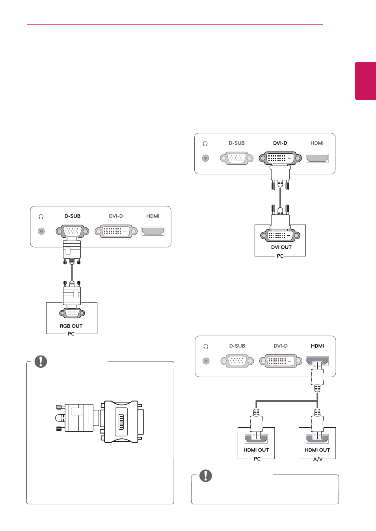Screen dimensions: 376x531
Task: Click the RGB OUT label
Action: [x=71, y=326]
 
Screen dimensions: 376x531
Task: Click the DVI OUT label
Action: [x=281, y=247]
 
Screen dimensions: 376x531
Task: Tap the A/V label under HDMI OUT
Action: [x=318, y=459]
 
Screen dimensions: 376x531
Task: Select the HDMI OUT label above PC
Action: [x=256, y=450]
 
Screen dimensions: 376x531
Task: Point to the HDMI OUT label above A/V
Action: [x=317, y=450]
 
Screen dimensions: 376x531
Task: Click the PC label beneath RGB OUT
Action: [x=71, y=334]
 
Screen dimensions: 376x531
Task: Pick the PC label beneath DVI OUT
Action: [x=280, y=256]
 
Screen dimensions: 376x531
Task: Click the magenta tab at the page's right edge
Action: [x=365, y=81]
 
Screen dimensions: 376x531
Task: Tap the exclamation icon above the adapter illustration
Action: [x=41, y=361]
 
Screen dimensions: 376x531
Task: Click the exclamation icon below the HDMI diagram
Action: [x=206, y=476]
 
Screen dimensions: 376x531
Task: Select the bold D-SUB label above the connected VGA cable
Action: [x=73, y=216]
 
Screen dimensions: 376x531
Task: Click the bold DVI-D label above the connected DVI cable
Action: [x=280, y=143]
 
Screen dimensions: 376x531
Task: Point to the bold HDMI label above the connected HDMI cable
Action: [x=317, y=346]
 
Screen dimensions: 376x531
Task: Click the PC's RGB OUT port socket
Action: [x=72, y=313]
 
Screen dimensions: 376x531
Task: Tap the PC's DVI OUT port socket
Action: [x=280, y=235]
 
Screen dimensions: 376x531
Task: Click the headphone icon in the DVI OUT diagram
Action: [x=205, y=143]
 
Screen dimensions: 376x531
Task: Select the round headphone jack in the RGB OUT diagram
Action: [x=41, y=231]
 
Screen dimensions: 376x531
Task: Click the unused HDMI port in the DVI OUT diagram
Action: [x=317, y=158]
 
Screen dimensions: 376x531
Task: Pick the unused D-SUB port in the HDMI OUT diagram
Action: [x=237, y=361]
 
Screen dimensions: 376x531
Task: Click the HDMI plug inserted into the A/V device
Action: [x=317, y=425]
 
